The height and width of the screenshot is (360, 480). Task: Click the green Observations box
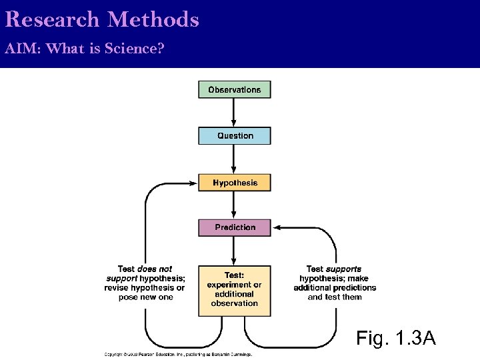(x=235, y=89)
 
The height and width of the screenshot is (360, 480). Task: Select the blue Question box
(x=235, y=135)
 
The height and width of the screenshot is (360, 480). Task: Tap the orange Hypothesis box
(x=235, y=183)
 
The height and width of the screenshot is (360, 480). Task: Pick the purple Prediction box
(x=235, y=227)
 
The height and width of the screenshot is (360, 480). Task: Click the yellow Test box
(x=235, y=290)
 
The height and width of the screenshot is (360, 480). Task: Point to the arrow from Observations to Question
(x=234, y=113)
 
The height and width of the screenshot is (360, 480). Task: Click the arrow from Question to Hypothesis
(x=234, y=159)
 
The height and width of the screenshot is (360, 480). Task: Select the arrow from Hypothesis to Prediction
(x=234, y=205)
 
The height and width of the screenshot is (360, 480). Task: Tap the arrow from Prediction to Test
(x=234, y=251)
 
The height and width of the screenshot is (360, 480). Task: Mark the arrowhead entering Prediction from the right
(x=277, y=227)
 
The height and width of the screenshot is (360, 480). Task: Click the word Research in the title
(x=51, y=19)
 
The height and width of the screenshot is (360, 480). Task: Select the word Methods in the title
(x=153, y=19)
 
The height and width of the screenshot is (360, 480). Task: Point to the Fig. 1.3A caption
(x=396, y=338)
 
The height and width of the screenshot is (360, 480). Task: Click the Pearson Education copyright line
(x=178, y=355)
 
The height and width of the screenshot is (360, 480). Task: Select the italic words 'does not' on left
(x=155, y=269)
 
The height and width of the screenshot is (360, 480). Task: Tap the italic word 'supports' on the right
(x=343, y=269)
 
